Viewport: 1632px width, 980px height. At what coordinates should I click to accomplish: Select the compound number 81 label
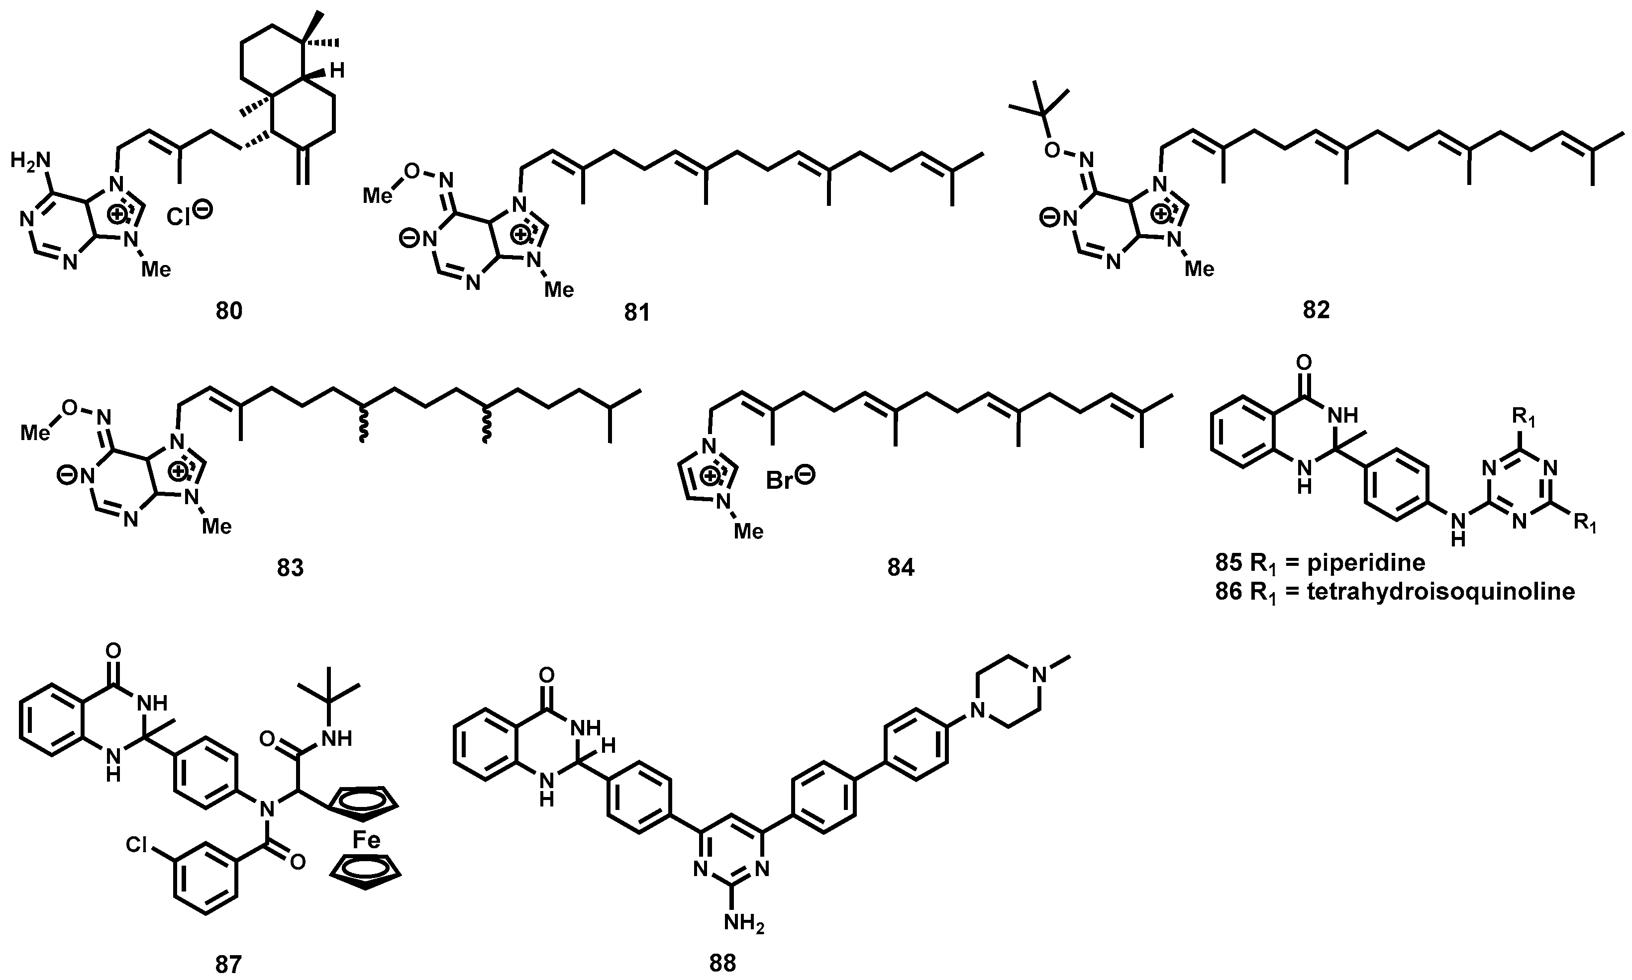(x=637, y=312)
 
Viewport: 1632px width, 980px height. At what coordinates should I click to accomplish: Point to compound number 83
(x=290, y=567)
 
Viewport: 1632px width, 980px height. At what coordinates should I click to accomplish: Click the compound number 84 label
(x=901, y=567)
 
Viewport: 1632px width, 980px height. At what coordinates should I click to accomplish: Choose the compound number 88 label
(x=722, y=963)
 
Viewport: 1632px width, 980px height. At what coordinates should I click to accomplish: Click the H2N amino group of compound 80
(x=30, y=159)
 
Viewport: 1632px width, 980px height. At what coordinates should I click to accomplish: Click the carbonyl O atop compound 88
(x=546, y=675)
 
